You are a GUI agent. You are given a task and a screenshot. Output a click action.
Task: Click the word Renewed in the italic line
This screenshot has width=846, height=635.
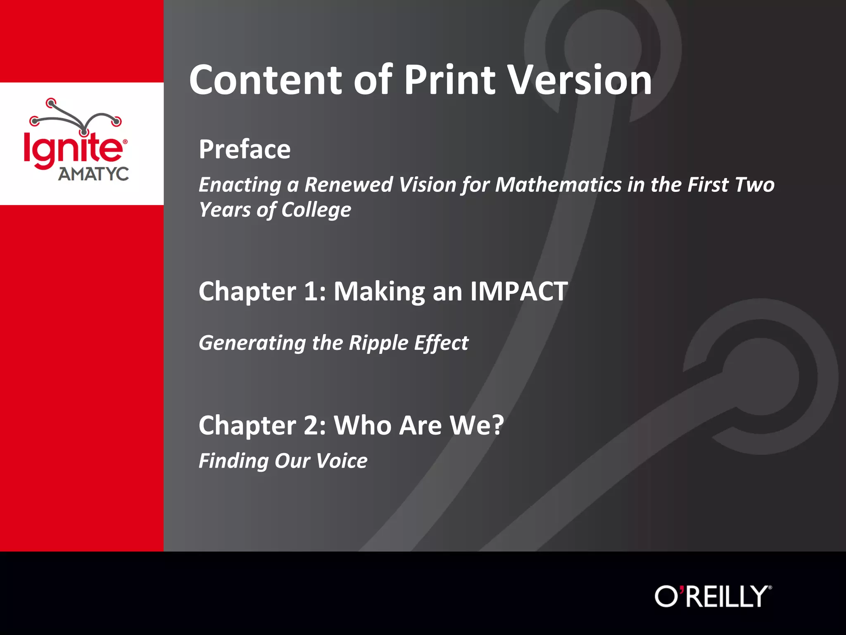pos(348,184)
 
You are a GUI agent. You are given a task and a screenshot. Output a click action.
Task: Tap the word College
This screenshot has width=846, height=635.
pos(316,210)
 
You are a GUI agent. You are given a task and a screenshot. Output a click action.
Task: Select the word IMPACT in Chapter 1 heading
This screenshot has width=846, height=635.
pos(519,291)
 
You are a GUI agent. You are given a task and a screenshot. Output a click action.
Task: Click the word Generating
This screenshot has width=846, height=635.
pos(252,343)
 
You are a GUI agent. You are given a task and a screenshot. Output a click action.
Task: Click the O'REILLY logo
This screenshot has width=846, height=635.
pos(713,596)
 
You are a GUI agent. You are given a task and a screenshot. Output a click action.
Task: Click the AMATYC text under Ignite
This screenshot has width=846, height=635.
pos(93,174)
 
